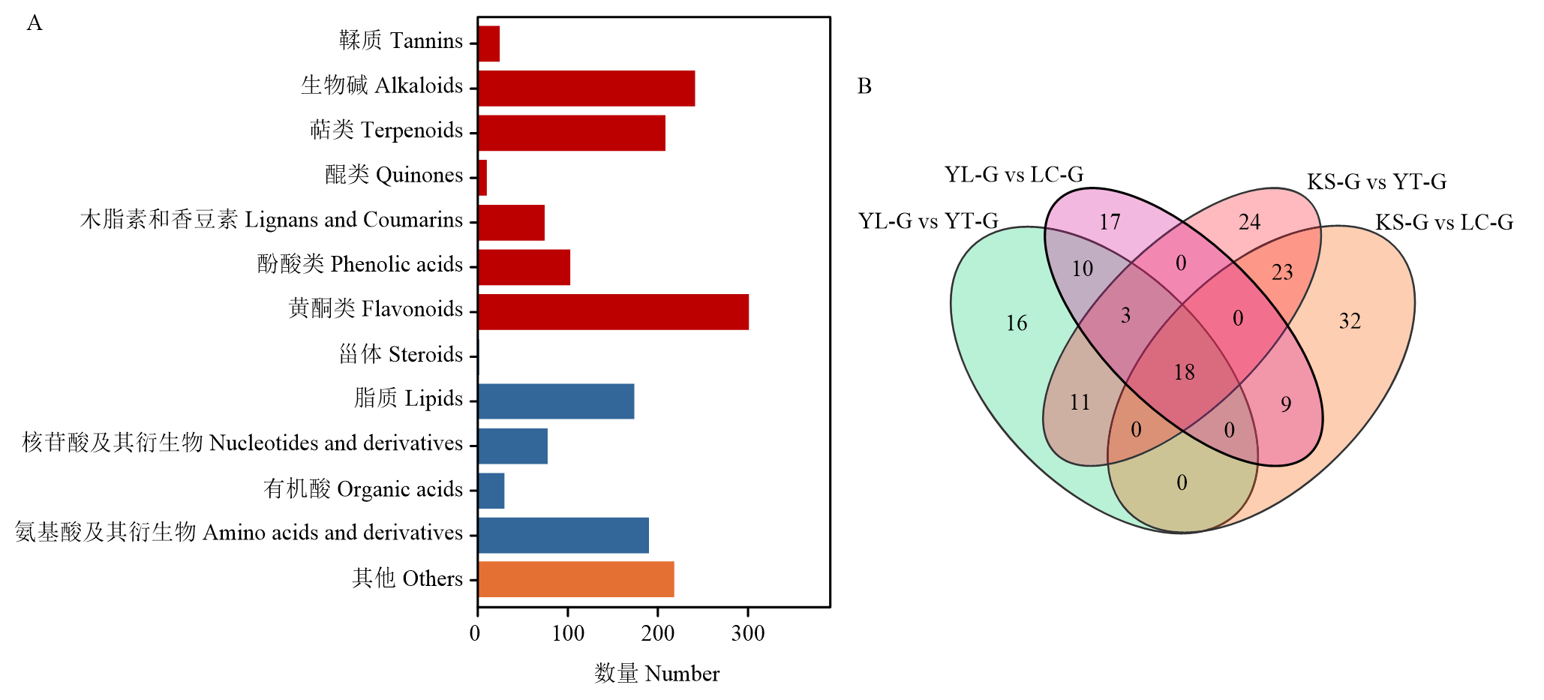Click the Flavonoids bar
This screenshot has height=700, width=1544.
[613, 312]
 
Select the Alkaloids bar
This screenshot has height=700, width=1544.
[587, 89]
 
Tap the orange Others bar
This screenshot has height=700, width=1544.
[576, 579]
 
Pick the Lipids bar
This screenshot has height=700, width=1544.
[556, 401]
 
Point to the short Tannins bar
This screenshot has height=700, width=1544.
[489, 44]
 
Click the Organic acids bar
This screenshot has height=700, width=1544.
[491, 491]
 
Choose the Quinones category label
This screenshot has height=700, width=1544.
[394, 176]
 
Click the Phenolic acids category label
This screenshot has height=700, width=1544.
[360, 264]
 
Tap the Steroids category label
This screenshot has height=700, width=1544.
[401, 353]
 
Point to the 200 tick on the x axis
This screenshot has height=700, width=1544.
[658, 611]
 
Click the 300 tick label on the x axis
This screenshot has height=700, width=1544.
[748, 633]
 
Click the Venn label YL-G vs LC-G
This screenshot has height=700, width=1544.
[1014, 175]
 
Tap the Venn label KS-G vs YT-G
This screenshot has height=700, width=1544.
[1377, 182]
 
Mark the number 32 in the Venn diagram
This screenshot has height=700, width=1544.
[1350, 321]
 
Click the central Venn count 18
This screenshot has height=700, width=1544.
[1184, 372]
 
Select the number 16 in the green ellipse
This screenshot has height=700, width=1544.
[1017, 323]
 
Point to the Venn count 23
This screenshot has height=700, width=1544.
[1282, 272]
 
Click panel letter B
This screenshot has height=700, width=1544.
[864, 86]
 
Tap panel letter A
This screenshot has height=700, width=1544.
[35, 23]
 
